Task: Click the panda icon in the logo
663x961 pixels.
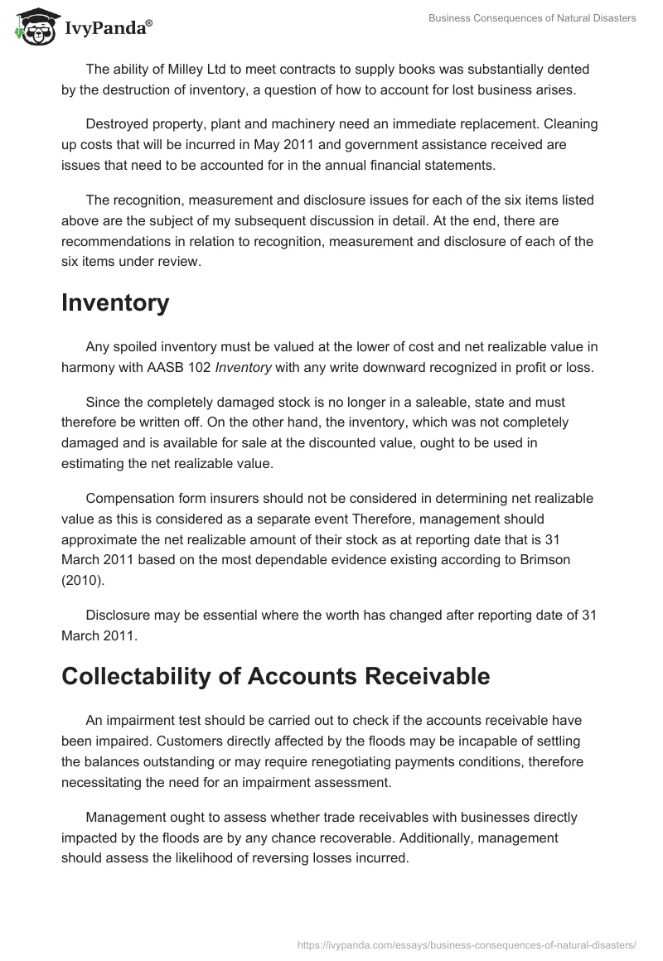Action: coord(36,27)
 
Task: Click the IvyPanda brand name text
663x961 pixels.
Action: coord(106,30)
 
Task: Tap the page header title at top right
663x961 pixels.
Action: coord(532,19)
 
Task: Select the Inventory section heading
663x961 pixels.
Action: coord(115,303)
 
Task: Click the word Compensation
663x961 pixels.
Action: coord(130,498)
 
